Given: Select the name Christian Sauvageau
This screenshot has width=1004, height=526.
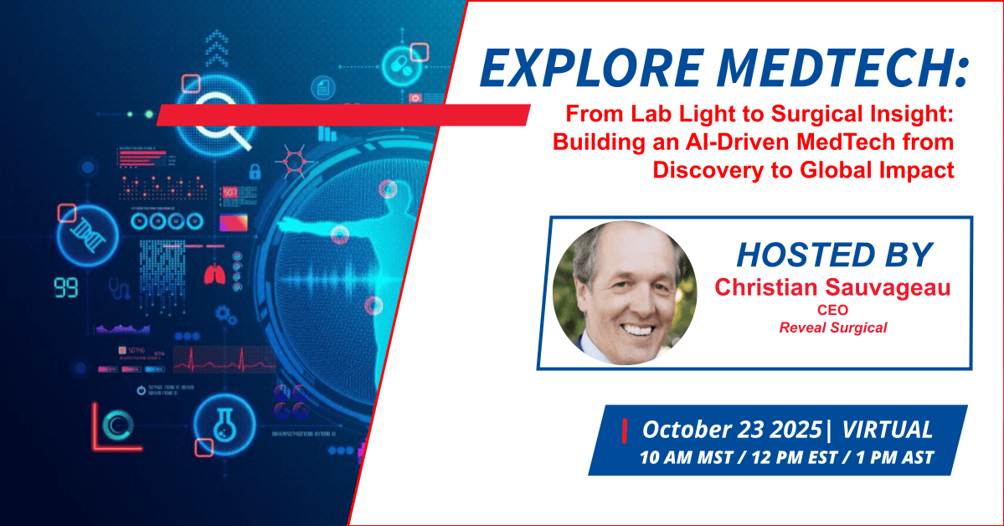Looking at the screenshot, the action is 832,287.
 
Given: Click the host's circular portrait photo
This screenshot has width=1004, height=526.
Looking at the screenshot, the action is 625,293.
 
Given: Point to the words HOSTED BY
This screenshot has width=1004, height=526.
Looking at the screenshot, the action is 834,255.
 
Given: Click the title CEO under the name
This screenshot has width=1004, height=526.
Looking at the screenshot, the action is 832,310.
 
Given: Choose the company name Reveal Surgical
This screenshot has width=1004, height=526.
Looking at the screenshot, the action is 833,328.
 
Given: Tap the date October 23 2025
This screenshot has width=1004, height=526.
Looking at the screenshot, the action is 732,429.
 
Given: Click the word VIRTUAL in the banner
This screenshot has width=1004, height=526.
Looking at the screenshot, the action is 887,429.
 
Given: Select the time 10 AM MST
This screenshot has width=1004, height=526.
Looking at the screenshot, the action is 686,458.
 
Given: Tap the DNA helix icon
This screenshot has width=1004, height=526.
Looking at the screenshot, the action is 89,235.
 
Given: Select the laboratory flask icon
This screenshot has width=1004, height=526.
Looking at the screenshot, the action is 224,424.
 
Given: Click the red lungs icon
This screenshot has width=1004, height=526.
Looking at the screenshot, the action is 214,274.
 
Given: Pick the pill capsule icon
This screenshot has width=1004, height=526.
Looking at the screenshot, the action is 401,65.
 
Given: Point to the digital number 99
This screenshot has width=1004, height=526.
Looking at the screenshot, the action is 66,288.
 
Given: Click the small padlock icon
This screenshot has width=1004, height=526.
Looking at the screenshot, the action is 255,171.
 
